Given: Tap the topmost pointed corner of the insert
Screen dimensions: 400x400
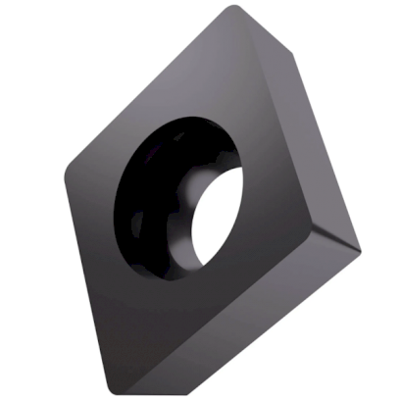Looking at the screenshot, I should click(234, 9).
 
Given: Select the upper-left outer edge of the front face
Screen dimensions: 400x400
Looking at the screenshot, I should click(147, 88).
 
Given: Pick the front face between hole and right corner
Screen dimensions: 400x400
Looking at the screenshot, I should click(279, 216).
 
